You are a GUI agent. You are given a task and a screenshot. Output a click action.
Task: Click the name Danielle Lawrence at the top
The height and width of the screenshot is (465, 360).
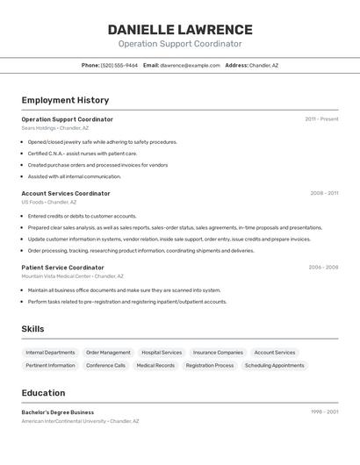coord(179,30)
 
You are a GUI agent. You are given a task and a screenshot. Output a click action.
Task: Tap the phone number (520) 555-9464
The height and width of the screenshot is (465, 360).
coord(119,65)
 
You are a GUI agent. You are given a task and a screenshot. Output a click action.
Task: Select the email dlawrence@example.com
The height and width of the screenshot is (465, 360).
coord(190,65)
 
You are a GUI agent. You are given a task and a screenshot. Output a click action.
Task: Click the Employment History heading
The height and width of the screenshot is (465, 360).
coord(65,100)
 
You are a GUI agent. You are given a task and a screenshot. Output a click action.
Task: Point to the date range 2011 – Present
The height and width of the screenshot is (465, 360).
coord(321,118)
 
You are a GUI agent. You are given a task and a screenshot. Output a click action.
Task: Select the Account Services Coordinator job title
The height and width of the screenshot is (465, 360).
coord(66,193)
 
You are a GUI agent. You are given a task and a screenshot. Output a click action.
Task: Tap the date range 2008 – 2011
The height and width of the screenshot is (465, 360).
coord(324,193)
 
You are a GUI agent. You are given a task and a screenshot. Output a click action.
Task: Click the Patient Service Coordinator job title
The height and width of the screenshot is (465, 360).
coord(62,268)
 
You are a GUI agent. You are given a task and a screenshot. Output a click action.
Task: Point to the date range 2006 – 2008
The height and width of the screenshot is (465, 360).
coord(323,268)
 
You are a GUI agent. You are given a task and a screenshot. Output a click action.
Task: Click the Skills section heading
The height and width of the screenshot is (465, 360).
coord(33,329)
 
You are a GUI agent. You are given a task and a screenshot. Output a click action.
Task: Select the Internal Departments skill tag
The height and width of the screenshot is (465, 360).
coord(50,353)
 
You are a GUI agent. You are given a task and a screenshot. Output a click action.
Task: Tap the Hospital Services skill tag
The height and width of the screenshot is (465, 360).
coord(162,353)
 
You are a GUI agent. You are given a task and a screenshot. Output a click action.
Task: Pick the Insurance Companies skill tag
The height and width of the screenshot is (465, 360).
coord(218,353)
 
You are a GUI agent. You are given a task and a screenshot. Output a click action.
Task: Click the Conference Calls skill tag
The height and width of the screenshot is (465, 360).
coord(105,365)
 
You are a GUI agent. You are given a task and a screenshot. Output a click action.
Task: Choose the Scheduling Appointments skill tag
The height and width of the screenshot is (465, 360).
coord(274,365)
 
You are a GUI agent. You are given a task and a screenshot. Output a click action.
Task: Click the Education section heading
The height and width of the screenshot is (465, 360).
coord(43,393)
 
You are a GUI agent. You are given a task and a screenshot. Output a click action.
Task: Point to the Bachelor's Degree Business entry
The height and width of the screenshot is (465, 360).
coord(57,411)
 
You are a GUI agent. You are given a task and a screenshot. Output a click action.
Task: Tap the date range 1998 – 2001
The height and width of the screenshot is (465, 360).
coord(324,411)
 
